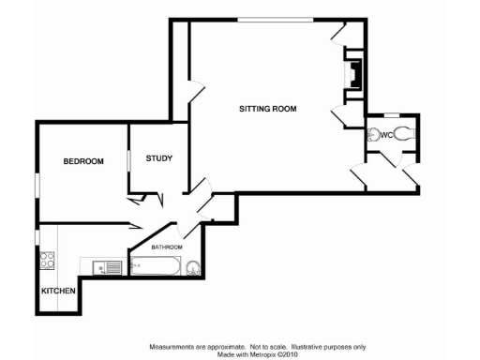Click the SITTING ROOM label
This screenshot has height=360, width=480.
click(x=267, y=109)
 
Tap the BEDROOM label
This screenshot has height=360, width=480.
click(x=82, y=161)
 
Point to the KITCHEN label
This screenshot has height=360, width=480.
click(x=58, y=291)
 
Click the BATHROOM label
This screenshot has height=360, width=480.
click(x=167, y=247)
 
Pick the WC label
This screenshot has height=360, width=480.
click(x=384, y=135)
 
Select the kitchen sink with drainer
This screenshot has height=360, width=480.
click(x=108, y=268)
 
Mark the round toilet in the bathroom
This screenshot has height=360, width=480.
click(x=193, y=267)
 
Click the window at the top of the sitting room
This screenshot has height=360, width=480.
click(x=274, y=19)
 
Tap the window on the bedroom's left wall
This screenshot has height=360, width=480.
click(x=37, y=185)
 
